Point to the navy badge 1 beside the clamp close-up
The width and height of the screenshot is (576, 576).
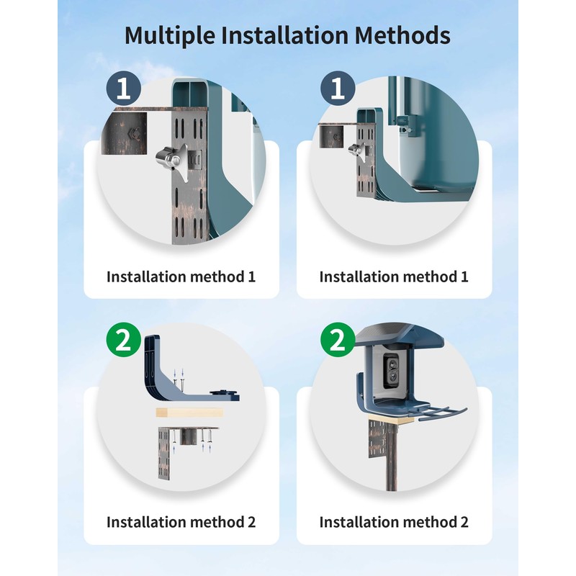[x=123, y=89]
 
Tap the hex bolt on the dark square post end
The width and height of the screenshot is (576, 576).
[x=135, y=132]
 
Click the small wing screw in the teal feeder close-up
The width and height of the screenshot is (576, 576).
[x=354, y=149]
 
